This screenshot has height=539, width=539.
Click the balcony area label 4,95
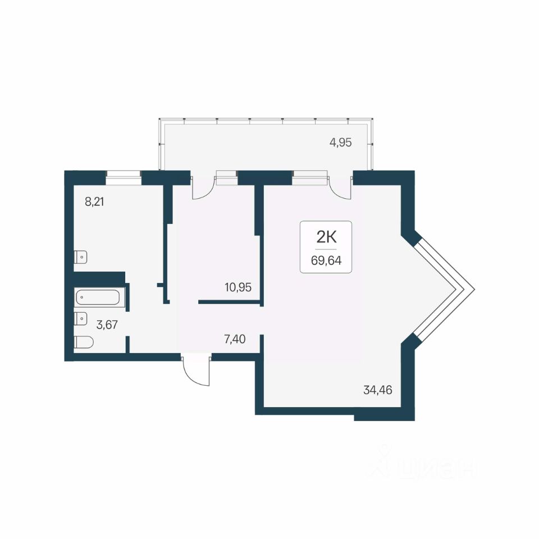(340, 142)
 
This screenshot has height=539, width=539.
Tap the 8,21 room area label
(94, 202)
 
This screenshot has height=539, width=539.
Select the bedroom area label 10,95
(238, 287)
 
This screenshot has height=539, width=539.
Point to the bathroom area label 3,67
(107, 325)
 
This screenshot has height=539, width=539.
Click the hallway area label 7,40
(235, 339)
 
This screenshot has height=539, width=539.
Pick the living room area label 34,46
(377, 390)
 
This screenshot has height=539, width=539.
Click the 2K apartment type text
(326, 237)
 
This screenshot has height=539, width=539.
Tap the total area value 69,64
(326, 261)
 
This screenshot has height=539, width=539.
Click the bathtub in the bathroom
(98, 298)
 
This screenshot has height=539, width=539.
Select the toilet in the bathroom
(84, 342)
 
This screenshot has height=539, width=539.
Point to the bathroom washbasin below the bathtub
(81, 318)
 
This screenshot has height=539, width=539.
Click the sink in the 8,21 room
(80, 257)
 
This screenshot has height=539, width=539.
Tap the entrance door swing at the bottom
(196, 371)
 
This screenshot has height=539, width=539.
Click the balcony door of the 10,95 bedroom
(203, 188)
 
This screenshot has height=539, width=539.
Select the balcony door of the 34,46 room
(340, 188)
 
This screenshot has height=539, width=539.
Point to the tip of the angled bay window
(475, 289)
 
